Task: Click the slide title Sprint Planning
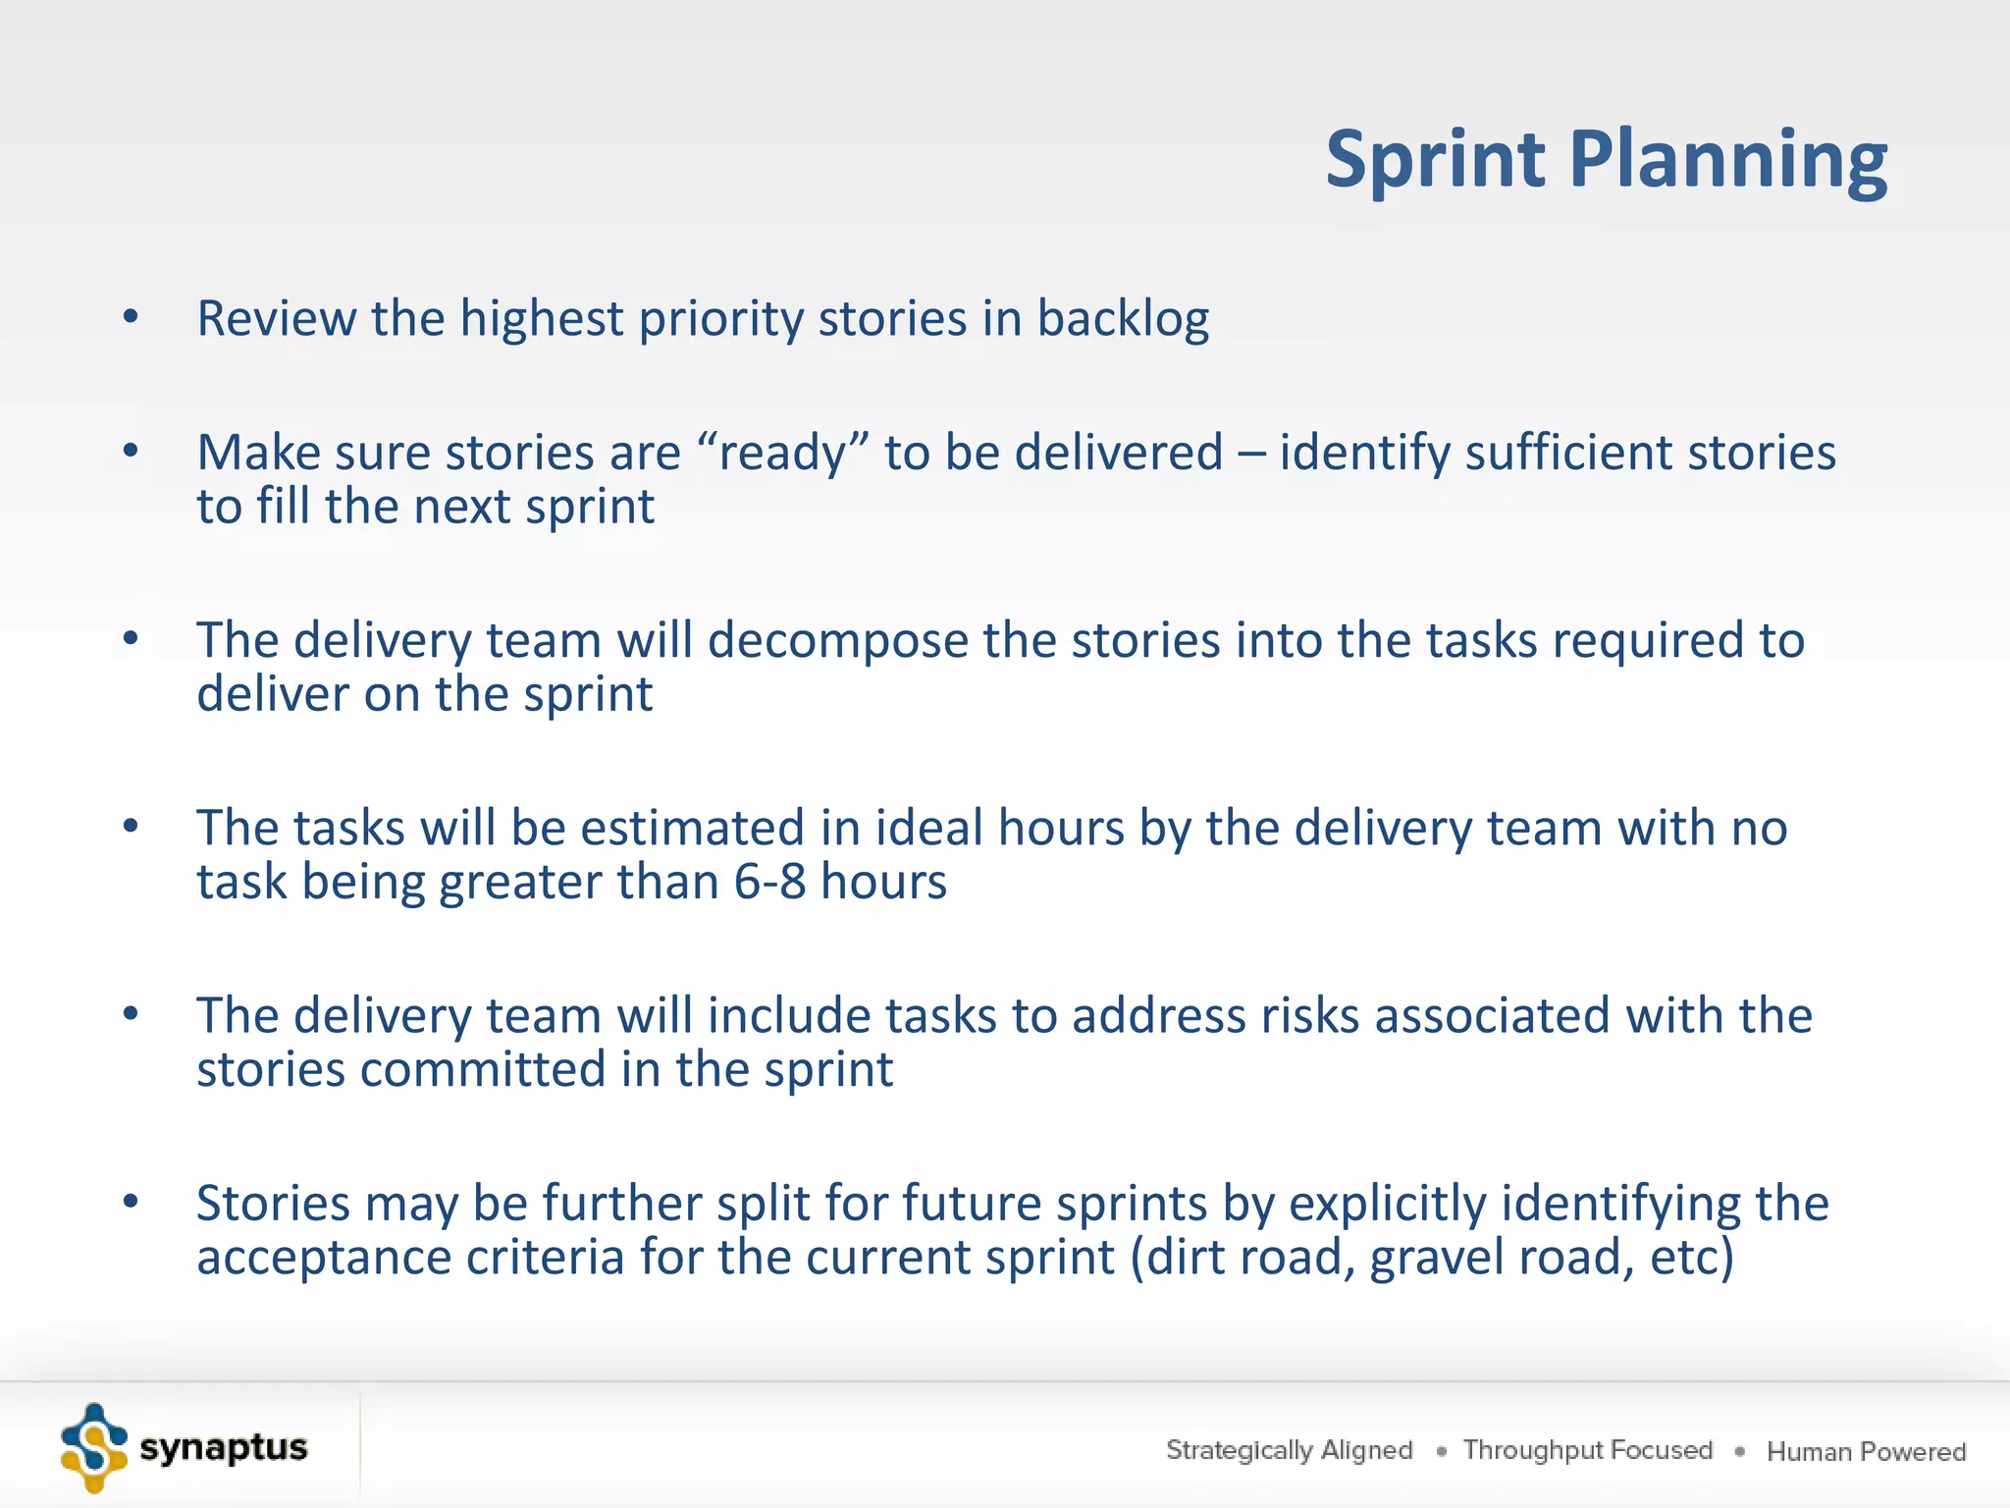pyautogui.click(x=1606, y=159)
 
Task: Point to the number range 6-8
pyautogui.click(x=769, y=882)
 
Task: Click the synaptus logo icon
pyautogui.click(x=93, y=1447)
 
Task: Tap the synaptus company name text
pyautogui.click(x=224, y=1448)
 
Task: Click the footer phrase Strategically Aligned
pyautogui.click(x=1289, y=1450)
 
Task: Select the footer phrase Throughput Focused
pyautogui.click(x=1587, y=1450)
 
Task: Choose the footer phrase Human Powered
pyautogui.click(x=1866, y=1451)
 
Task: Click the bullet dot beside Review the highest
pyautogui.click(x=131, y=317)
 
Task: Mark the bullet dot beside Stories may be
pyautogui.click(x=131, y=1202)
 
